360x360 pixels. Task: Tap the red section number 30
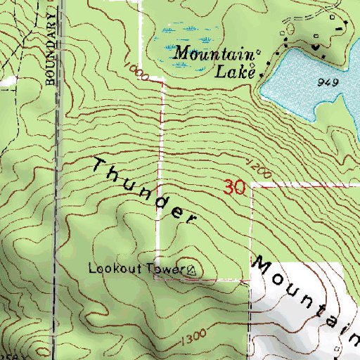tap(234, 187)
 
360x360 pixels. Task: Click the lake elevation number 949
tap(328, 83)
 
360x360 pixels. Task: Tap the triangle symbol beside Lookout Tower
tap(191, 269)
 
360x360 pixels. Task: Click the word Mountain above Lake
tap(211, 53)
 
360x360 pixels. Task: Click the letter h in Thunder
tap(116, 175)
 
